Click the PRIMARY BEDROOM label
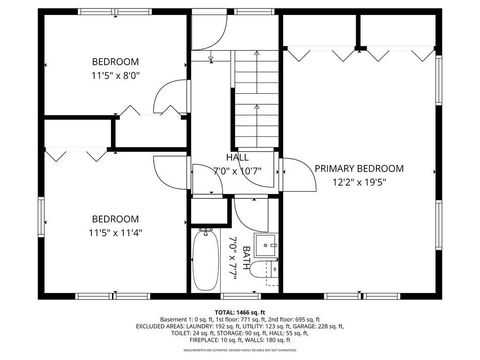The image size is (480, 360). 359,168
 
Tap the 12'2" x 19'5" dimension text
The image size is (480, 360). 359,183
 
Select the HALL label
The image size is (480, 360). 237,157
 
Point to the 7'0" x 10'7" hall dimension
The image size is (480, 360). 237,171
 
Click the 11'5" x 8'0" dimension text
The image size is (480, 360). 116,74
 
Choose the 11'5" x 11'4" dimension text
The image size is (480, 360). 116,233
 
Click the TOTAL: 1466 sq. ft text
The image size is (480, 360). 240,313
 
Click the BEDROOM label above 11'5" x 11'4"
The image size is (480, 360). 116,218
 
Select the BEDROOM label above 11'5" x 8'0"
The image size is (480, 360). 116,59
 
